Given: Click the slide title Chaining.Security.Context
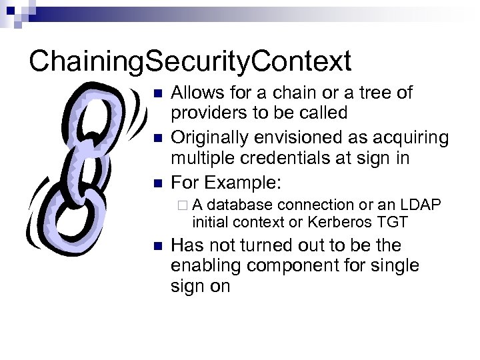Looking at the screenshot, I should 190,61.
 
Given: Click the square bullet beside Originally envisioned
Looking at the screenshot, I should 157,138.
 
